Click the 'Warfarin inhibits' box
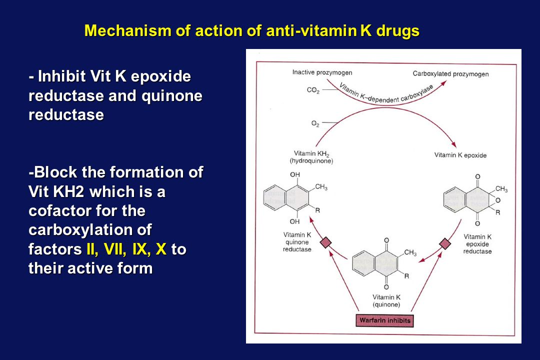(384, 320)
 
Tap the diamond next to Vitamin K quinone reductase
(325, 242)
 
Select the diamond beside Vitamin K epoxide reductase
(445, 244)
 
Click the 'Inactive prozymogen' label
(322, 72)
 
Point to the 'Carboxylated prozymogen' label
(451, 73)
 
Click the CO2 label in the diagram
(313, 90)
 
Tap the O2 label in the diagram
(315, 123)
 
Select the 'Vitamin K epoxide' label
(460, 155)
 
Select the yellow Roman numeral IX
(139, 248)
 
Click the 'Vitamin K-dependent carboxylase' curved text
(385, 93)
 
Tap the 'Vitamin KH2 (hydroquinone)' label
(311, 157)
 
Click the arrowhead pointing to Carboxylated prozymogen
(443, 83)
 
